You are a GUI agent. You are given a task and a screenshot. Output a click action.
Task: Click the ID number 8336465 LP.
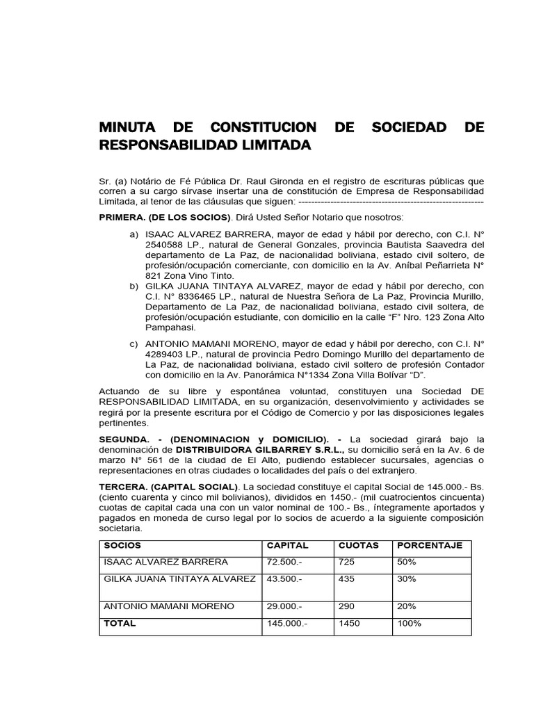[x=187, y=297]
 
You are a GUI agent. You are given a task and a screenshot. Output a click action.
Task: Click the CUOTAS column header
[x=358, y=545]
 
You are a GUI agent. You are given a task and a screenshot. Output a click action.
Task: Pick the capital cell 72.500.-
[x=284, y=562]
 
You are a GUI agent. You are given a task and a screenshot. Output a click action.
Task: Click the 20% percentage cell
[x=407, y=606]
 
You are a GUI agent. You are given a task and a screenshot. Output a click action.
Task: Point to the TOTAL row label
[x=120, y=624]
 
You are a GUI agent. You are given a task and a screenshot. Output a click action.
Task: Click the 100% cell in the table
[x=410, y=624]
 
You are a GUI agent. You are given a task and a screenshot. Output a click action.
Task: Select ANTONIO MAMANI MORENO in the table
[x=169, y=606]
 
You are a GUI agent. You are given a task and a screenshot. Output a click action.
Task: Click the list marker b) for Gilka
[x=134, y=286]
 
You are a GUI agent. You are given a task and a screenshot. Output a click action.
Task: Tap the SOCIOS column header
[x=122, y=545]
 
